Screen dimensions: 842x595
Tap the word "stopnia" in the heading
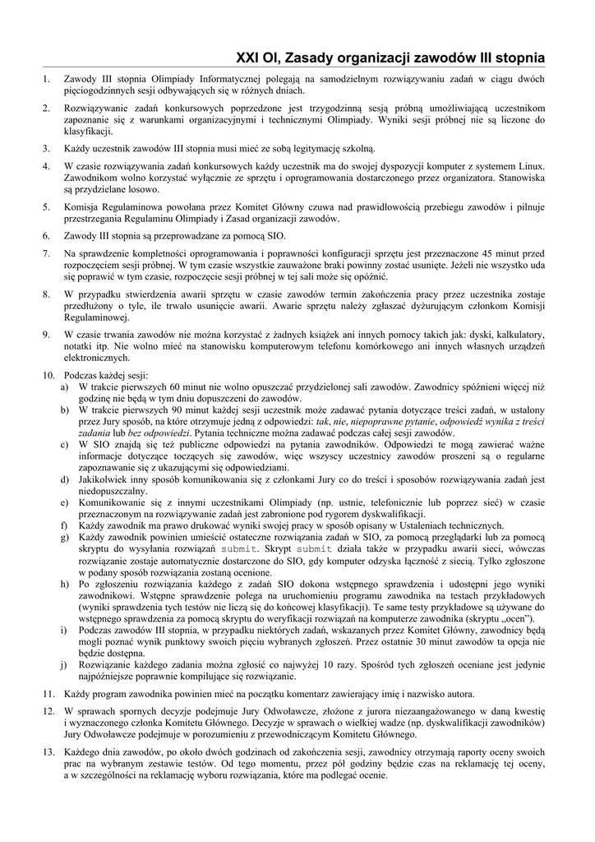click(x=514, y=58)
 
